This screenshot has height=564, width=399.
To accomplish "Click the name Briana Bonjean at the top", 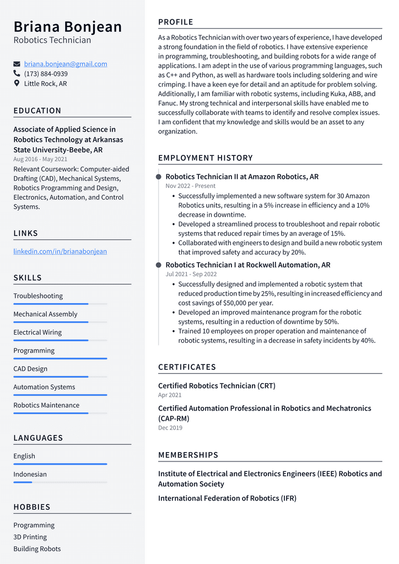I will pyautogui.click(x=68, y=26).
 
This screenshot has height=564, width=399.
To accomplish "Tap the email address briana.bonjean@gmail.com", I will pyautogui.click(x=66, y=64).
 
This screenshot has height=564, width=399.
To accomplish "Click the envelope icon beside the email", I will pyautogui.click(x=17, y=64).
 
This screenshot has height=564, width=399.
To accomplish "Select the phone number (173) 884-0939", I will pyautogui.click(x=46, y=74).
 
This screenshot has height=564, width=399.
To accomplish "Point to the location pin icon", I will pyautogui.click(x=17, y=84).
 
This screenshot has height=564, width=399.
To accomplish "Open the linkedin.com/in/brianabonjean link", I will pyautogui.click(x=60, y=251).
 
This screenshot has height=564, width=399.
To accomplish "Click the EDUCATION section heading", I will pyautogui.click(x=37, y=111).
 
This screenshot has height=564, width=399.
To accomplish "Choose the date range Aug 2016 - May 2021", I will pyautogui.click(x=40, y=159).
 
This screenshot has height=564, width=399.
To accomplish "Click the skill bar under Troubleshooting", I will pyautogui.click(x=60, y=304).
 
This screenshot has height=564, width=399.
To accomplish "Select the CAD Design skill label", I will pyautogui.click(x=30, y=369).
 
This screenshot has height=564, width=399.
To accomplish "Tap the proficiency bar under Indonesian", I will pyautogui.click(x=60, y=482).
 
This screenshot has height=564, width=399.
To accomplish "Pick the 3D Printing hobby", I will pyautogui.click(x=30, y=537).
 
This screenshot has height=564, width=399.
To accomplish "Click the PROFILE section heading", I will pyautogui.click(x=176, y=22).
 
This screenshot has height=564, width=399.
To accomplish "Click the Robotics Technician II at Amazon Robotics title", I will pyautogui.click(x=242, y=177).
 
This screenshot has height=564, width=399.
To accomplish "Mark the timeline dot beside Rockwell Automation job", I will pyautogui.click(x=159, y=265).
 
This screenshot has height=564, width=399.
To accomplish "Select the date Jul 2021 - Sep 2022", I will pyautogui.click(x=191, y=274).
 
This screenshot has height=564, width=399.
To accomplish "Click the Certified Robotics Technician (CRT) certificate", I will pyautogui.click(x=217, y=386).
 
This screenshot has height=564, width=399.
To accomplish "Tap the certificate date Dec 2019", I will pyautogui.click(x=170, y=428).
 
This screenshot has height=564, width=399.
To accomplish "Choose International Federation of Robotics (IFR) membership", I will pyautogui.click(x=227, y=498).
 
